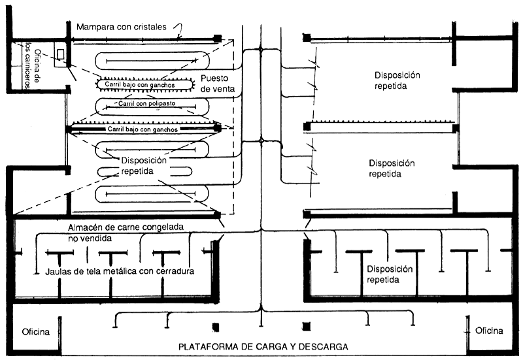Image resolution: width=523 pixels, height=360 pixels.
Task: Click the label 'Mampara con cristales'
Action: click(x=122, y=27)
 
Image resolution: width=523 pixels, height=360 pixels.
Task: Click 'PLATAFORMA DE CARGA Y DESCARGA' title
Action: click(x=263, y=346)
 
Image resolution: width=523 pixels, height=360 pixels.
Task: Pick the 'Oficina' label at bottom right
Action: click(x=489, y=331)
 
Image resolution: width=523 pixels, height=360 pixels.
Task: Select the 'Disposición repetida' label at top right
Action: click(x=397, y=80)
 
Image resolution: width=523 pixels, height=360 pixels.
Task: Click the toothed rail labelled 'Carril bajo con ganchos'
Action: click(x=146, y=84)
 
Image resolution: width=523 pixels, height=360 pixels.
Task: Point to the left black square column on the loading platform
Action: click(x=214, y=325)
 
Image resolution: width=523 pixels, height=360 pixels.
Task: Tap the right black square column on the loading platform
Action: click(x=305, y=325)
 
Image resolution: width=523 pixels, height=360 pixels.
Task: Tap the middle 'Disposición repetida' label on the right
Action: click(x=392, y=169)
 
